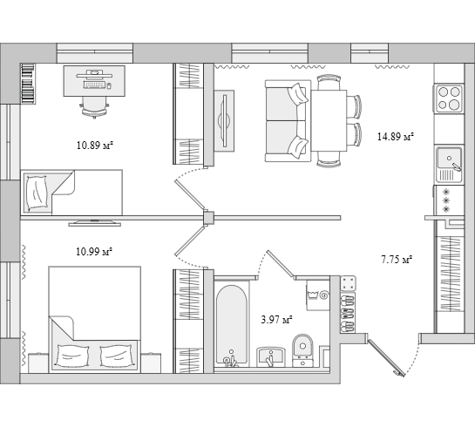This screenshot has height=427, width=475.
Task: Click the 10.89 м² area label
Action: pos(95,146)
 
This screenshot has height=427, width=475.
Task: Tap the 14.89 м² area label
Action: pos(396,137)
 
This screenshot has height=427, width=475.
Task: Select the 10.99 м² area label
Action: pos(94,251)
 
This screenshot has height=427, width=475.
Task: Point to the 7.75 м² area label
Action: pos(397,260)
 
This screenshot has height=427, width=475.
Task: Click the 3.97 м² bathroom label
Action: pos(276,320)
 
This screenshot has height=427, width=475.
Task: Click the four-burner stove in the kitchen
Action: pos(449,98)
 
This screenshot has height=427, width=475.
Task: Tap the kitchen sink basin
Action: pos(449,159)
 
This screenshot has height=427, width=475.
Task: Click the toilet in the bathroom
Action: pos(302,350)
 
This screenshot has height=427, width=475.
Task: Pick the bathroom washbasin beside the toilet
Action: pos(271,356)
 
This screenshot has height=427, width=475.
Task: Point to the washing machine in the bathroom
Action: pos(318,295)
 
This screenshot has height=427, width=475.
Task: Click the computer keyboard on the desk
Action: pos(94,85)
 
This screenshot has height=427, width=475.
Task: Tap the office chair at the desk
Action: pos(94,107)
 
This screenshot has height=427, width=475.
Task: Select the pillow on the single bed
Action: pos(37,193)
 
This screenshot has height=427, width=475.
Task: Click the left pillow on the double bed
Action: pos(72,356)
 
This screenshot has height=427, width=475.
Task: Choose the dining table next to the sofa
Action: pos(329,120)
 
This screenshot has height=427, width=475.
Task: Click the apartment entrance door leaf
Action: pos(386,358)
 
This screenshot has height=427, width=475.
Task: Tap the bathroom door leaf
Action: pos(281,263)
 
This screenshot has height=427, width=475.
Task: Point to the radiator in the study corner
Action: pos(28,84)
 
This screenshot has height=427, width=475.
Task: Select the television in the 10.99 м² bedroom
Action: pos(94,223)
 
